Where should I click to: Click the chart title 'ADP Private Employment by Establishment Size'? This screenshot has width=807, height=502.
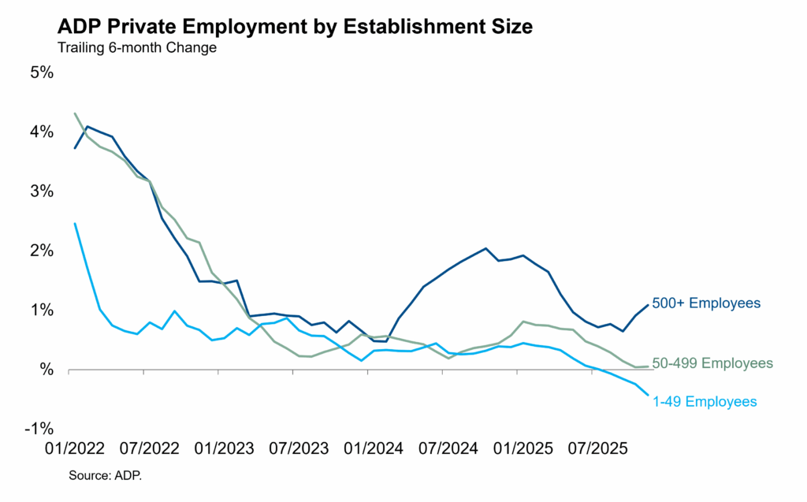tap(296, 28)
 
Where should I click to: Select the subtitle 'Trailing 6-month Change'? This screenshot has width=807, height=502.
tap(137, 48)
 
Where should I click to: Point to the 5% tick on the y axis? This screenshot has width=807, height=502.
tap(41, 73)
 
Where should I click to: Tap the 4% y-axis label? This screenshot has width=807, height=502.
tap(41, 132)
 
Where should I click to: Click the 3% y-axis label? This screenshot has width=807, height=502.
tap(41, 192)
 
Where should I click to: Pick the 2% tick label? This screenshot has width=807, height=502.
tap(41, 251)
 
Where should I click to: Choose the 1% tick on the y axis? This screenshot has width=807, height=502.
tap(41, 310)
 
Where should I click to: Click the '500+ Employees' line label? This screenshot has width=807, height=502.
tap(706, 303)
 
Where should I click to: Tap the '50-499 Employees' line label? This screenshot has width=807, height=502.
tap(713, 363)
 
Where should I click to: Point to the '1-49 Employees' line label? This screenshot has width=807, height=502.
tap(705, 402)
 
